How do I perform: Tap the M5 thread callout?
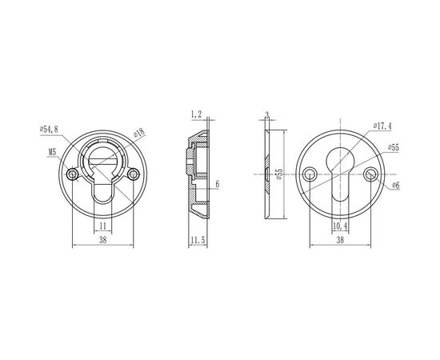[x=52, y=149]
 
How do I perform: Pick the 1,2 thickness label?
[x=196, y=115]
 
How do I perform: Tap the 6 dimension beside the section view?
[x=217, y=184]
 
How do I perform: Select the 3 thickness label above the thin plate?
[x=267, y=114]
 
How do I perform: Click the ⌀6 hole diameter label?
[x=395, y=186]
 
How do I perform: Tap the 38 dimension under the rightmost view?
[x=339, y=239]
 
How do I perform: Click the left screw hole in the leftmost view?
[x=73, y=174]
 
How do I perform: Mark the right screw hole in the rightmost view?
[x=369, y=174]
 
